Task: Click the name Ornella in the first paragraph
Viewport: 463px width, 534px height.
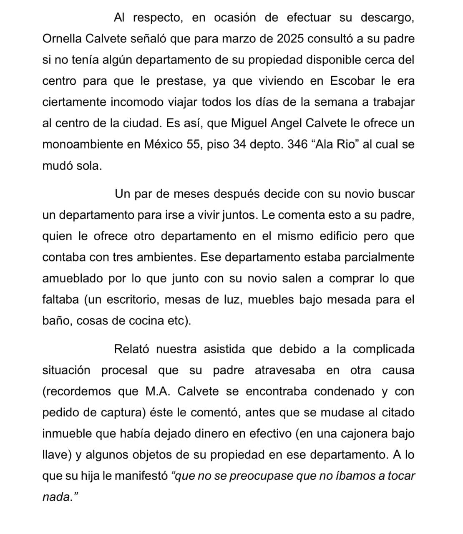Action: pos(62,39)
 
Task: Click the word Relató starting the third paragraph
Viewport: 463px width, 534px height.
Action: pos(132,349)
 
